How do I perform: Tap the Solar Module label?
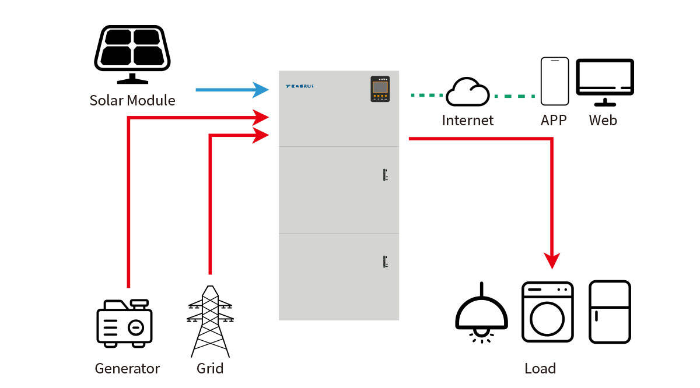[x=132, y=100]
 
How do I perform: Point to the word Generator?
[x=127, y=369]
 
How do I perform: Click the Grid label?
[x=210, y=369]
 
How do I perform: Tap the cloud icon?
[x=468, y=92]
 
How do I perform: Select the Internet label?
[x=468, y=121]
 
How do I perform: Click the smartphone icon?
[x=554, y=81]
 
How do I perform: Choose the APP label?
[x=554, y=121]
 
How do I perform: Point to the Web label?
[x=603, y=121]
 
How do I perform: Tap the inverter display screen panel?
[x=380, y=89]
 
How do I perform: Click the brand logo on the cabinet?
[x=300, y=86]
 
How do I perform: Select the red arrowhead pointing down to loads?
[x=552, y=260]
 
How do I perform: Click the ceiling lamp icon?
[x=481, y=315]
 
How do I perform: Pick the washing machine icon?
[x=547, y=312]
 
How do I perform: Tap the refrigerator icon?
[x=610, y=312]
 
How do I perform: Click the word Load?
[x=540, y=369]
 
